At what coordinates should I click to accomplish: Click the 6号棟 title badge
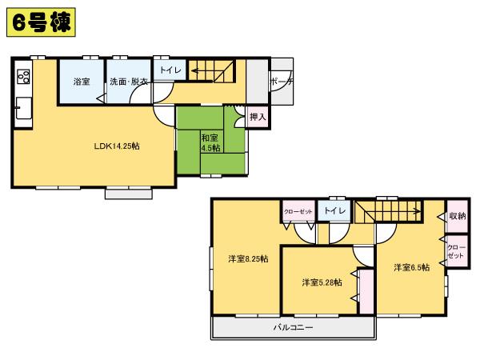pyautogui.click(x=40, y=22)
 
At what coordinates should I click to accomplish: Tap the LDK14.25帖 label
pyautogui.click(x=117, y=146)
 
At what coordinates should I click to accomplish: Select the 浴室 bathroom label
pyautogui.click(x=81, y=82)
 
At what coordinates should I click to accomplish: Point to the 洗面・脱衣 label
pyautogui.click(x=127, y=82)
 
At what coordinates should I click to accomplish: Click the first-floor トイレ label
pyautogui.click(x=170, y=70)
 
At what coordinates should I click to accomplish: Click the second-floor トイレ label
pyautogui.click(x=334, y=210)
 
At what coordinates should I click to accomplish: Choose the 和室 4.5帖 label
pyautogui.click(x=210, y=142)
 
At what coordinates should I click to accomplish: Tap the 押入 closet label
pyautogui.click(x=258, y=117)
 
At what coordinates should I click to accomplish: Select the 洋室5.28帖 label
pyautogui.click(x=322, y=282)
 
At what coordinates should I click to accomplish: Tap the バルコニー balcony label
pyautogui.click(x=293, y=328)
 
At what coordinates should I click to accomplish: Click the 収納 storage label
pyautogui.click(x=457, y=216)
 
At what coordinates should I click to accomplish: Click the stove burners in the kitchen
pyautogui.click(x=22, y=78)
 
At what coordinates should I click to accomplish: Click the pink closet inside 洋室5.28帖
pyautogui.click(x=365, y=291)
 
